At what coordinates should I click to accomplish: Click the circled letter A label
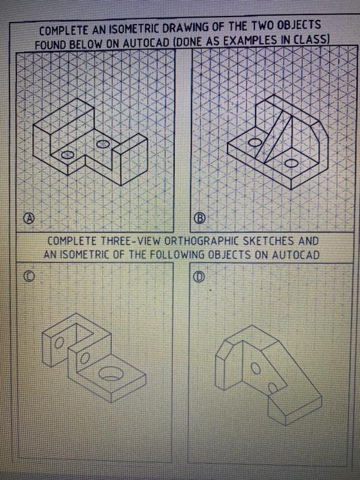(x=29, y=217)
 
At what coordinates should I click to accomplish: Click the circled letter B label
(x=199, y=218)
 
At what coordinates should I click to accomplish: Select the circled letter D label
(x=199, y=276)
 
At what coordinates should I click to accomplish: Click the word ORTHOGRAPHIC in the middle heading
(x=202, y=241)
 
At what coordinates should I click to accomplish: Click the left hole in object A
(x=67, y=155)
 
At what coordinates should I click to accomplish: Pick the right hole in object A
(x=103, y=144)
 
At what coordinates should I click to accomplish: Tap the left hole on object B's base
(x=254, y=143)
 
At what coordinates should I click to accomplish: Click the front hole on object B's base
(x=291, y=163)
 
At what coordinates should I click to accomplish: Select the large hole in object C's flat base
(x=111, y=374)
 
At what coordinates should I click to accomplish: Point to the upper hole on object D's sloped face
(x=256, y=369)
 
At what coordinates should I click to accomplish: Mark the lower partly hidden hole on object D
(x=273, y=388)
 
